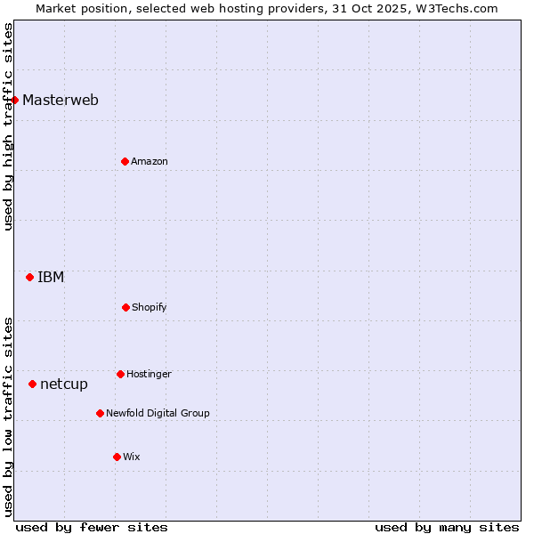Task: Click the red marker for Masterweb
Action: pos(15,100)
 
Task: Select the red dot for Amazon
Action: pos(125,161)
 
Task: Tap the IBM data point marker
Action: pos(29,277)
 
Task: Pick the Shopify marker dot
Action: pos(125,307)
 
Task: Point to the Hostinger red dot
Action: pos(120,374)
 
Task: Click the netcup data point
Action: pos(32,384)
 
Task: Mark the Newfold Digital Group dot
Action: pos(100,413)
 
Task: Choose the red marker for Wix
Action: pos(117,457)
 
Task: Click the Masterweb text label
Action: pos(61,100)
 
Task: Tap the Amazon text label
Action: pos(150,161)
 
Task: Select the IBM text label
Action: pos(51,277)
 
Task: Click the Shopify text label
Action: pos(150,307)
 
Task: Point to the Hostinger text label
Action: pos(149,374)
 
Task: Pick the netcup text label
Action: pos(64,384)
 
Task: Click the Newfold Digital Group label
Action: pos(158,413)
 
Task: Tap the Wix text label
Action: pos(132,457)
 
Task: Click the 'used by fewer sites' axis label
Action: pos(92,527)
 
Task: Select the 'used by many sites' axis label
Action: pos(447,527)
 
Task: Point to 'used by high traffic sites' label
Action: pos(8,126)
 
